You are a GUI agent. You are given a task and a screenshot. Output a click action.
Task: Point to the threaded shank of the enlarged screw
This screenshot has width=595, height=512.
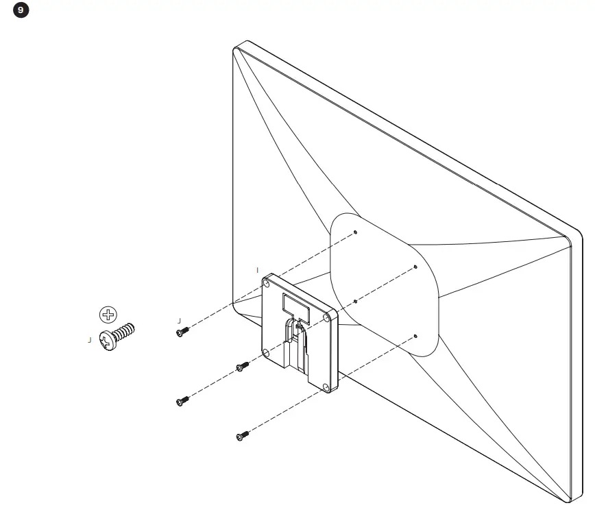point(125,332)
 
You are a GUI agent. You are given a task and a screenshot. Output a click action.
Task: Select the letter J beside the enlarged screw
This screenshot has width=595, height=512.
point(90,339)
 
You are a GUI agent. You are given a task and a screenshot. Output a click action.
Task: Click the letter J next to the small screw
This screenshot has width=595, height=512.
point(178,320)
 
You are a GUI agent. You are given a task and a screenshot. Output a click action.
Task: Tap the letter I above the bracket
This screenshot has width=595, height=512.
point(257,269)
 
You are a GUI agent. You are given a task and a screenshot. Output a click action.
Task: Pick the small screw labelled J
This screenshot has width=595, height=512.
point(182,332)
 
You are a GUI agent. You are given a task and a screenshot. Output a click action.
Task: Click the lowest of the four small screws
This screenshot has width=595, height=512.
point(241,435)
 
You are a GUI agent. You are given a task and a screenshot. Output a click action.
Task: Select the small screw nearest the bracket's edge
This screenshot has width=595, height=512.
point(241,367)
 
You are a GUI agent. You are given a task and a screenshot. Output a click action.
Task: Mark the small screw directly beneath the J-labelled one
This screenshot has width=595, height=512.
point(182,401)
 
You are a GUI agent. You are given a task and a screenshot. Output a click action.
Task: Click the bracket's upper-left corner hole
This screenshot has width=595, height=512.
point(267,283)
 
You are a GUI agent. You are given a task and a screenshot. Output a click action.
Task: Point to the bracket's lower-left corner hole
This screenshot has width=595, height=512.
point(266,352)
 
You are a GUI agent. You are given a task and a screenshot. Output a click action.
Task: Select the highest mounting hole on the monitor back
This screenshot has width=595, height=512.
point(356,232)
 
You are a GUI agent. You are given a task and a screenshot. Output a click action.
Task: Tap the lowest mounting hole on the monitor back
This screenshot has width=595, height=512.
point(415,336)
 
